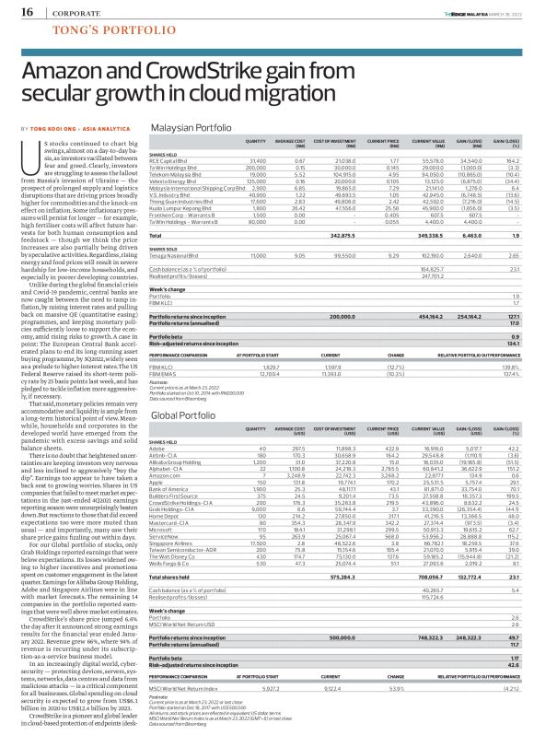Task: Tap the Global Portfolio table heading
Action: coord(182,416)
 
